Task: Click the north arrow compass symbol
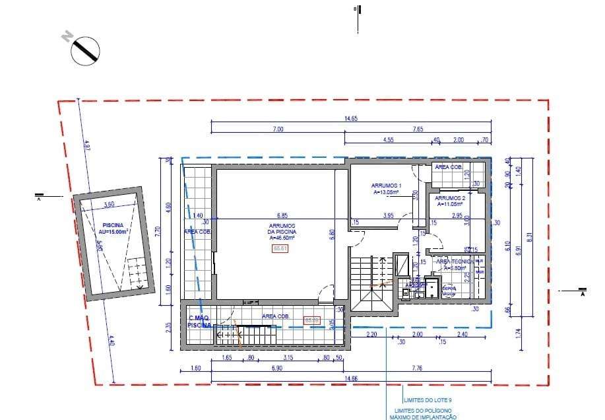tap(84, 51)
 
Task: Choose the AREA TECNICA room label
tap(452, 265)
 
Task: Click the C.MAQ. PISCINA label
tap(199, 322)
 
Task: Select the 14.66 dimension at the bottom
tap(350, 378)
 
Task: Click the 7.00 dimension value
tap(278, 129)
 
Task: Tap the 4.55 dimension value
tap(388, 140)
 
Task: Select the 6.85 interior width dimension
tap(282, 215)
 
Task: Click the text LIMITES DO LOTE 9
tap(427, 400)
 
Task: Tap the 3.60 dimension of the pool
tap(110, 205)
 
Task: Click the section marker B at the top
tap(357, 9)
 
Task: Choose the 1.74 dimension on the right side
tap(518, 333)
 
